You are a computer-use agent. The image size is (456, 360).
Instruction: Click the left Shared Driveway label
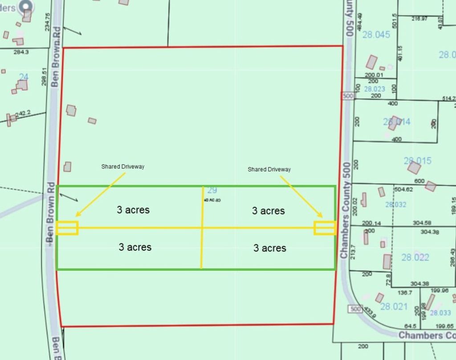[x=123, y=167]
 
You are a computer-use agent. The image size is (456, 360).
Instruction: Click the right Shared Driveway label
[x=269, y=170]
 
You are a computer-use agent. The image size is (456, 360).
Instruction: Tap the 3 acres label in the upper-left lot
[x=133, y=210]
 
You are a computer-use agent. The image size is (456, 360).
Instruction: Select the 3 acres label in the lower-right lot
[x=269, y=248]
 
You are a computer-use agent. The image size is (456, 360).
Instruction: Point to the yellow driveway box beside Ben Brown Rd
[x=67, y=228]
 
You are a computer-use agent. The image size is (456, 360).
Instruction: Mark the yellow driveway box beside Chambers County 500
[x=325, y=228]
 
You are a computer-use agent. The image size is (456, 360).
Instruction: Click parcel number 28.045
[x=376, y=35]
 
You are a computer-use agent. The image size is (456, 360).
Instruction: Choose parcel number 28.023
[x=375, y=89]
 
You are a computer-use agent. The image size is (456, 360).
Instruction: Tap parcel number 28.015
[x=418, y=161]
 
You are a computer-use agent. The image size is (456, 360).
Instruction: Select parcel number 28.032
[x=395, y=205]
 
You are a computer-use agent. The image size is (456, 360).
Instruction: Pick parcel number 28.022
[x=415, y=257]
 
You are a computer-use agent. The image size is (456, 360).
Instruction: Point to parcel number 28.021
[x=394, y=306]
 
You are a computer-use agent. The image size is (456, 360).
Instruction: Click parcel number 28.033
[x=440, y=313]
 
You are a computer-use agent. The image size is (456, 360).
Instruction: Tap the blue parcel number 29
[x=212, y=190]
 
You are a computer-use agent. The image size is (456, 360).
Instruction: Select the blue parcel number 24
[x=24, y=77]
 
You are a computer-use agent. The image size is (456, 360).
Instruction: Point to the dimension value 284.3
[x=21, y=52]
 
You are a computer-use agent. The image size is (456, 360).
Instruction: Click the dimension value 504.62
[x=404, y=190]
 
